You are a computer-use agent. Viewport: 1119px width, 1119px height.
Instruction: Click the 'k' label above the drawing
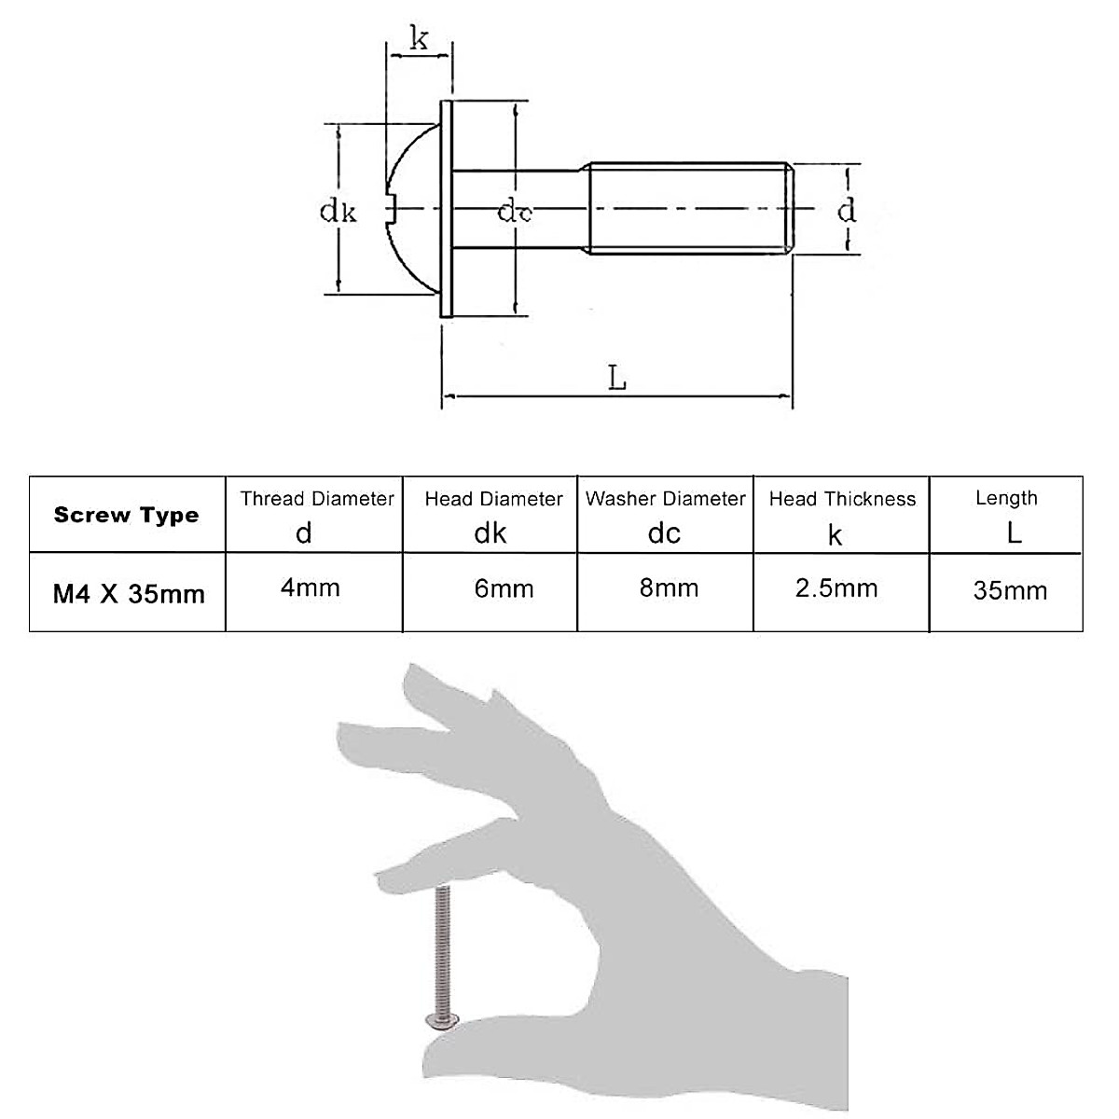(419, 39)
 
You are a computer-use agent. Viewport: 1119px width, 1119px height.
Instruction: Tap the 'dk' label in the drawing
(338, 211)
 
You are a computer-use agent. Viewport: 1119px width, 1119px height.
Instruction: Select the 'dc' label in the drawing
(515, 213)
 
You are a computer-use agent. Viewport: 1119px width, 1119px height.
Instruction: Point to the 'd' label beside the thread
(846, 210)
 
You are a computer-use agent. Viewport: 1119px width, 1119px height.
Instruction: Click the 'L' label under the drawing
(617, 378)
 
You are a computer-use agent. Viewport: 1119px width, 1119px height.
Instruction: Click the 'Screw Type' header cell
(127, 515)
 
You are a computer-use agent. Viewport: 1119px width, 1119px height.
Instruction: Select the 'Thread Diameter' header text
(317, 499)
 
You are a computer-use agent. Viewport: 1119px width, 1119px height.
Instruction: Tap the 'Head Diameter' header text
(493, 499)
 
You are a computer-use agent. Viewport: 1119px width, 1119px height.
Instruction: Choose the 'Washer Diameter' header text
(666, 499)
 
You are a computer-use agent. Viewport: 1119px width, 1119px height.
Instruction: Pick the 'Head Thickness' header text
(842, 499)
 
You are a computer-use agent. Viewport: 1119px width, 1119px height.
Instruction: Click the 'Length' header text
(1006, 498)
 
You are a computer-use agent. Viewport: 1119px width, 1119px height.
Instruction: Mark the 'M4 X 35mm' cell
(129, 593)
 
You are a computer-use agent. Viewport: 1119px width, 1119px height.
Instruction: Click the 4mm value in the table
(311, 587)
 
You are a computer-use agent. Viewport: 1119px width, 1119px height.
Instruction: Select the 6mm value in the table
(490, 588)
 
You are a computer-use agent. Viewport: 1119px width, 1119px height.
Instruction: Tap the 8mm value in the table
(669, 587)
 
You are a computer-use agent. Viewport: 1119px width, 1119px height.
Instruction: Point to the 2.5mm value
(836, 587)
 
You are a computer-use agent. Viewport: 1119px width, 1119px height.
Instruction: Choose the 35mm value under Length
(1010, 590)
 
